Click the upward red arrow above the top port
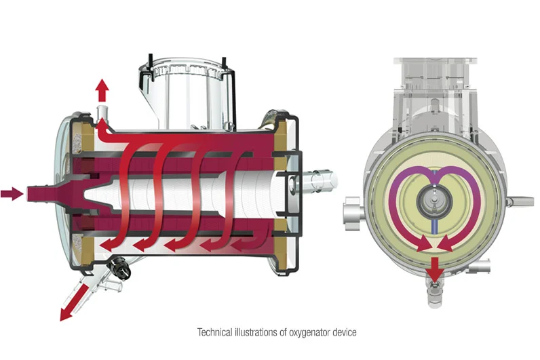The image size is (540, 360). (x=102, y=90)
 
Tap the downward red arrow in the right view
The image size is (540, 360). (x=435, y=269)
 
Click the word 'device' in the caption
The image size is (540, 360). (x=345, y=332)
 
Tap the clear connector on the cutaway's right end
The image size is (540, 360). (x=322, y=180)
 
